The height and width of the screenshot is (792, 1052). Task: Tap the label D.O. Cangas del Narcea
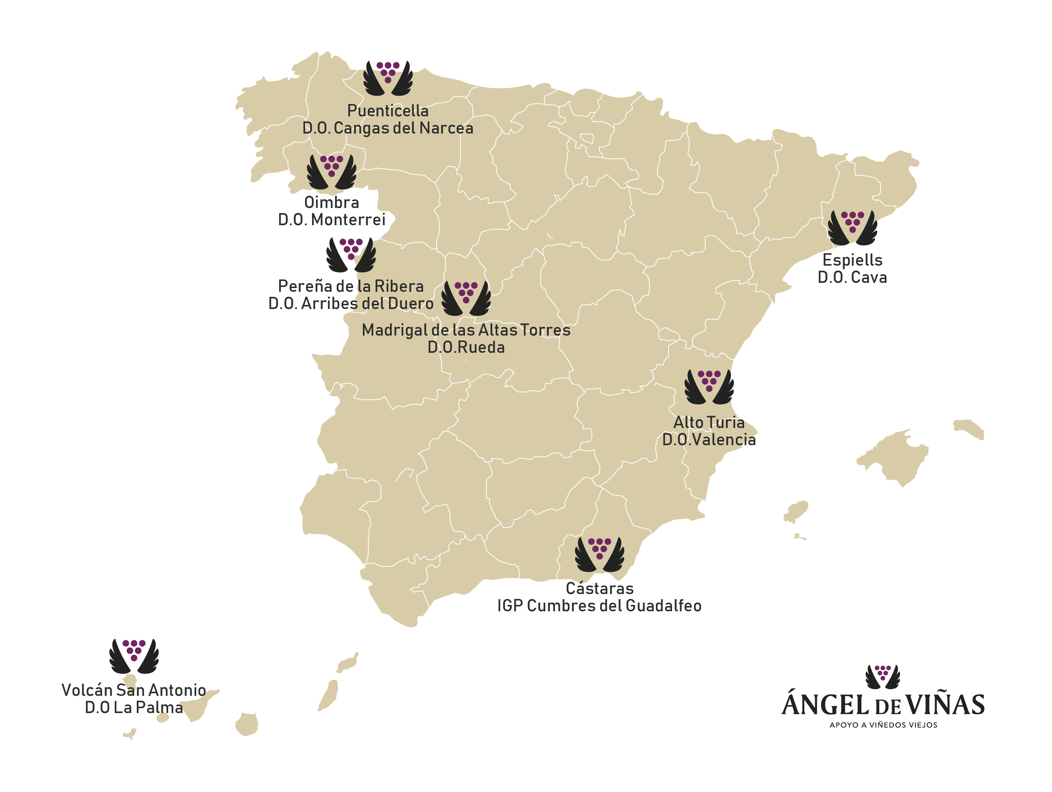pyautogui.click(x=388, y=128)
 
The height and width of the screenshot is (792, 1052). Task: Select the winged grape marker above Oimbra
pyautogui.click(x=331, y=171)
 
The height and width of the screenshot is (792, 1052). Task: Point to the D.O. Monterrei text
pyautogui.click(x=331, y=220)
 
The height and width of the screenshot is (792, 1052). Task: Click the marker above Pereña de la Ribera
pyautogui.click(x=351, y=255)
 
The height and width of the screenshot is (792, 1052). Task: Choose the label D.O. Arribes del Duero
pyautogui.click(x=351, y=303)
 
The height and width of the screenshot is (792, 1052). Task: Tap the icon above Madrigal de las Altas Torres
pyautogui.click(x=466, y=298)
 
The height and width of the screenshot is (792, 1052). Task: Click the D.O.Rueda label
pyautogui.click(x=466, y=347)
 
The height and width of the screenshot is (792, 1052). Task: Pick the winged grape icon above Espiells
pyautogui.click(x=852, y=227)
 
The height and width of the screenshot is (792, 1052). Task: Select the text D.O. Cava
pyautogui.click(x=852, y=277)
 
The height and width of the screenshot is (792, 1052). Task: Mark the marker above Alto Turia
pyautogui.click(x=709, y=386)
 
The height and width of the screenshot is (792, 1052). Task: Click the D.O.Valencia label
pyautogui.click(x=709, y=439)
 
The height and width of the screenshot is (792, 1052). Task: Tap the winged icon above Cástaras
pyautogui.click(x=599, y=554)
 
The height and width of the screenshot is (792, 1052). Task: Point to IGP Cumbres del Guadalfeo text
pyautogui.click(x=599, y=605)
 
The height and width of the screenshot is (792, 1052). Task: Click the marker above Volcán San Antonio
pyautogui.click(x=134, y=656)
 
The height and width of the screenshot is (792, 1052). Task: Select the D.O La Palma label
pyautogui.click(x=134, y=707)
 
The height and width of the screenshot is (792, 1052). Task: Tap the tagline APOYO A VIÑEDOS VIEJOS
pyautogui.click(x=883, y=725)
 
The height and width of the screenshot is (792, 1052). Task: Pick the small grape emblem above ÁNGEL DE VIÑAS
pyautogui.click(x=883, y=676)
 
